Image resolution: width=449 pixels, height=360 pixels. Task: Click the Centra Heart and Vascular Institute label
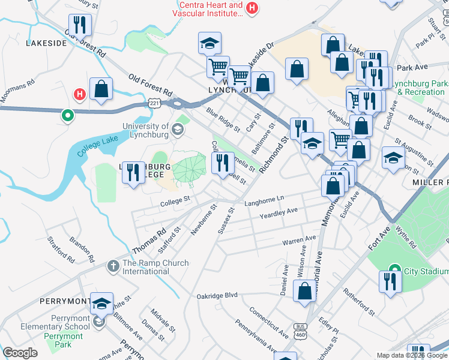[x=208, y=9]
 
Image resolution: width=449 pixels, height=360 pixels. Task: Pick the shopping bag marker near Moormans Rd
[x=101, y=89]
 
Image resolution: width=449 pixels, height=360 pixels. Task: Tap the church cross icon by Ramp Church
[x=113, y=265]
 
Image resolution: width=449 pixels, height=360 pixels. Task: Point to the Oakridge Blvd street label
[x=217, y=296]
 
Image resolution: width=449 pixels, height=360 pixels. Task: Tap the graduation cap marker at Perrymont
[x=101, y=304]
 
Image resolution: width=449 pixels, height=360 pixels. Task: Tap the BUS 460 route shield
[x=300, y=329]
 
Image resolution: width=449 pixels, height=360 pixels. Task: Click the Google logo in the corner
[x=20, y=352]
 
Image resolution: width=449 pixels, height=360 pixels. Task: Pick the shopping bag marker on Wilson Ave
[x=305, y=291]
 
